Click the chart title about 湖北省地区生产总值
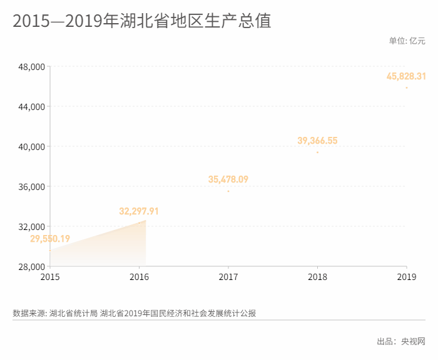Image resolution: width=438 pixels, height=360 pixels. (141, 21)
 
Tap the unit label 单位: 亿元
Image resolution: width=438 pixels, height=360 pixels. (407, 41)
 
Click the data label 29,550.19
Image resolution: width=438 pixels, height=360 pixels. (50, 239)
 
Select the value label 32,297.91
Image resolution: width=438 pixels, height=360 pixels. (139, 211)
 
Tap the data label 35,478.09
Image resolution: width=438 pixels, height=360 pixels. (228, 179)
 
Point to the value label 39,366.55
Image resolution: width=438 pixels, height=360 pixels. (317, 141)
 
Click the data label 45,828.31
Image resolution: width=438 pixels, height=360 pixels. (406, 76)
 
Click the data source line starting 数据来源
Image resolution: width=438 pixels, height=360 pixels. (134, 313)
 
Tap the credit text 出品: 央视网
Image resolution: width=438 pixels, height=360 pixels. (400, 341)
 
